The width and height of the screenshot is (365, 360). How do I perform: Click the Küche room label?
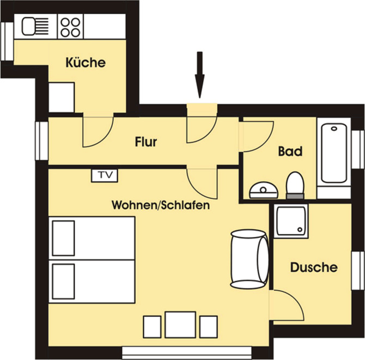click(86, 62)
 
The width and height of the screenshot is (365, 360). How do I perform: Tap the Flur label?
click(146, 143)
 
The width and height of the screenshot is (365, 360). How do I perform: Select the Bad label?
click(290, 151)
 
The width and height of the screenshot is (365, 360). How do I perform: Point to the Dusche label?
click(313, 267)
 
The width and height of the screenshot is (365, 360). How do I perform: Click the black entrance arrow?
click(199, 74)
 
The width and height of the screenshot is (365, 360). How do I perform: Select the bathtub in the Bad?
click(334, 154)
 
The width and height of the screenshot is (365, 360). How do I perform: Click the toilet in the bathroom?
click(295, 184)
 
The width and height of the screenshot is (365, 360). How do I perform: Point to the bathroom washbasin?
click(264, 190)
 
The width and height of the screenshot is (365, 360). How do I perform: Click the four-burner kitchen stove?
click(70, 26)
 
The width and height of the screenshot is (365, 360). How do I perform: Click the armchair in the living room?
click(249, 259)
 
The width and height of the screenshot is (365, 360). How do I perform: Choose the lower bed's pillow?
click(63, 280)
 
